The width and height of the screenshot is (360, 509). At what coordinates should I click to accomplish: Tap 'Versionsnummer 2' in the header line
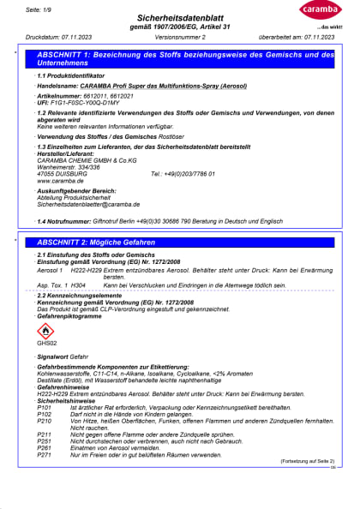(180, 38)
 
